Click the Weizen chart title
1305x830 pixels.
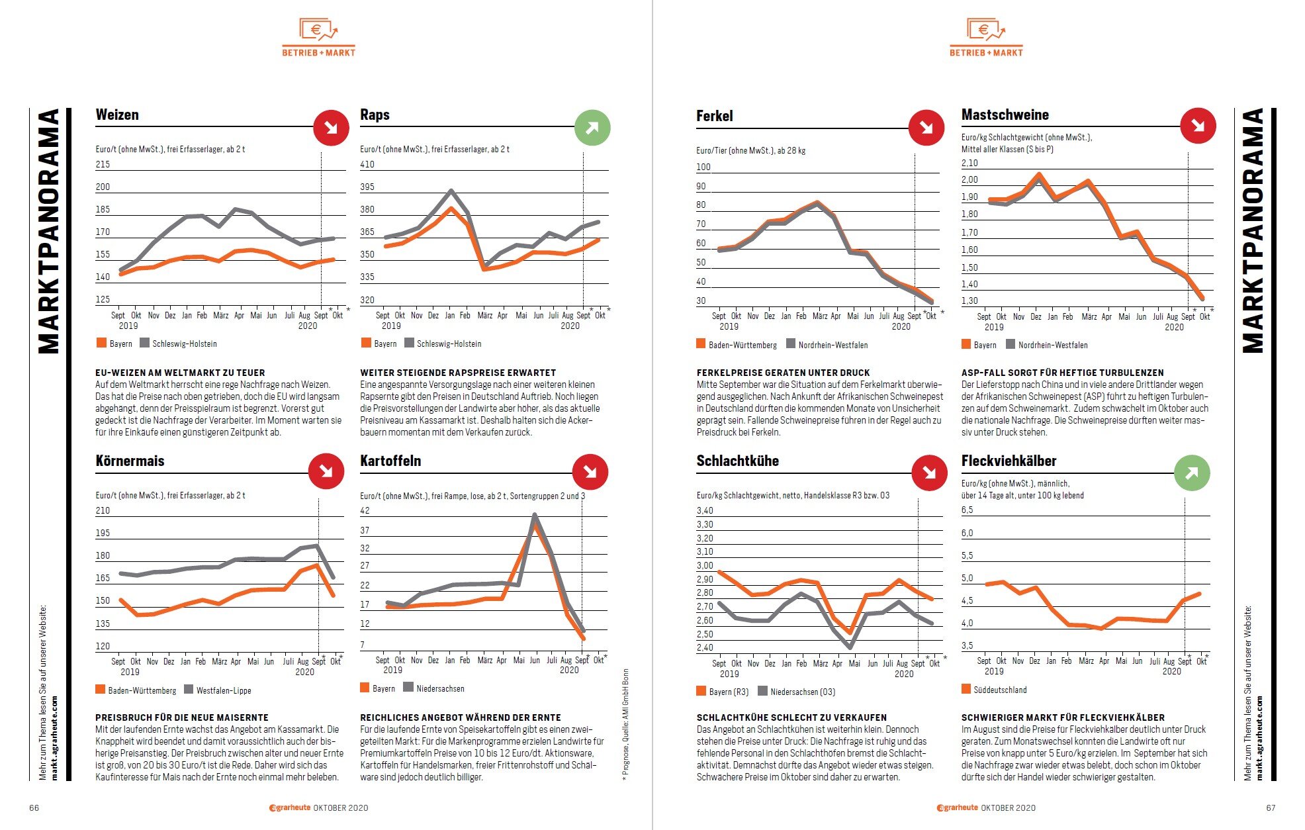coord(117,115)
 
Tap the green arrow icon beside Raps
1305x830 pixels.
coord(592,128)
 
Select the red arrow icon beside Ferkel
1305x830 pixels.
coord(926,128)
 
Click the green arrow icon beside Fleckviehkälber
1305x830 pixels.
coord(1192,473)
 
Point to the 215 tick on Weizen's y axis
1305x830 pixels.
coord(103,164)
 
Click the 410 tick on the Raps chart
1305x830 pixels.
coord(367,164)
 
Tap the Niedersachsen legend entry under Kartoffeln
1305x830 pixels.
coord(433,688)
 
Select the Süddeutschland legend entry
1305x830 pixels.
coord(994,690)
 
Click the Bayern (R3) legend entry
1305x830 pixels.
coord(722,692)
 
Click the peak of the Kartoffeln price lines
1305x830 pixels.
coord(535,515)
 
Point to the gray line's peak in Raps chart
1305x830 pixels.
coord(451,191)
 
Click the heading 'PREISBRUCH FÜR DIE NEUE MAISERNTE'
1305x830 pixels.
coord(182,717)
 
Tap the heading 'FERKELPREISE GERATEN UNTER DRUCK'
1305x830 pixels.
coord(783,373)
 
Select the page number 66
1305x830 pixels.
coord(34,807)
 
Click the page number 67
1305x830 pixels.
coord(1271,807)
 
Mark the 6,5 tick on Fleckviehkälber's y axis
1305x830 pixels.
coord(967,510)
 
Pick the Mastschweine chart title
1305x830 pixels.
coord(1005,115)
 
